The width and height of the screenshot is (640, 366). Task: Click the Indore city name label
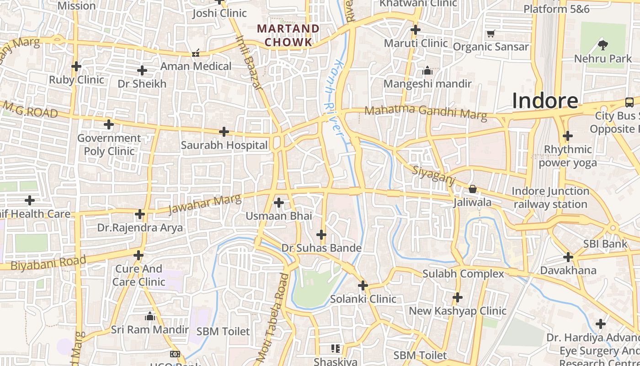545,101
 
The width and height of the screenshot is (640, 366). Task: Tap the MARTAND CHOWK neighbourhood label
288,35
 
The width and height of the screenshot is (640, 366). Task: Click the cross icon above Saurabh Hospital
224,132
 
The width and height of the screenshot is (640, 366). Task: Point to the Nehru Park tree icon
603,45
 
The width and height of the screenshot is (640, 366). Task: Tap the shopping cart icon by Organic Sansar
491,33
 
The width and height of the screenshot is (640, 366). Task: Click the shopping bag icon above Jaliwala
473,189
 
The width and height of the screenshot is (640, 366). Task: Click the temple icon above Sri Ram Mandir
150,316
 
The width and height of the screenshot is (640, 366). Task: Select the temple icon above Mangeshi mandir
427,70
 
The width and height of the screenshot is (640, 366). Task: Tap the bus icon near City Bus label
629,102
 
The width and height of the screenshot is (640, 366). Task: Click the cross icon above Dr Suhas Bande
321,235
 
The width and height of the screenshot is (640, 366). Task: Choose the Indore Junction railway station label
550,198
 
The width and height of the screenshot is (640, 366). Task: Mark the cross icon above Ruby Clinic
76,66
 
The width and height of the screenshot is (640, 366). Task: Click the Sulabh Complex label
463,274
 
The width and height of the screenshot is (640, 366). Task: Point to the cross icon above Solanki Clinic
363,285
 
